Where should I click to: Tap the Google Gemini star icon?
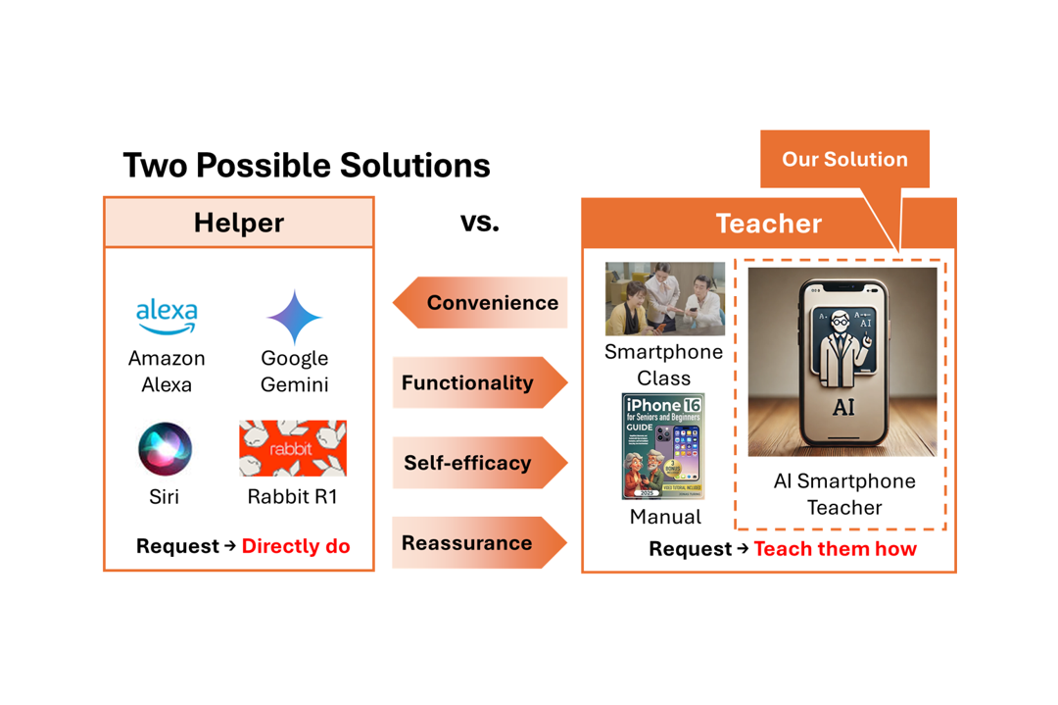(x=294, y=317)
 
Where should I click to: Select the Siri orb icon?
(x=165, y=449)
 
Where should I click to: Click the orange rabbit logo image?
(x=293, y=448)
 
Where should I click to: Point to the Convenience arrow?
(x=480, y=302)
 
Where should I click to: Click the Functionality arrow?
(x=480, y=382)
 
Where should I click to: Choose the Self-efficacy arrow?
(x=480, y=463)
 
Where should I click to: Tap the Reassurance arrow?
(x=480, y=542)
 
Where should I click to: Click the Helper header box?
(x=239, y=223)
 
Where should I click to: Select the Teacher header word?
(x=768, y=224)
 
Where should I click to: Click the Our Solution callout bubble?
(x=844, y=159)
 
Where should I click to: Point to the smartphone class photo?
(x=665, y=298)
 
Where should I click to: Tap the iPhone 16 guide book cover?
(x=663, y=446)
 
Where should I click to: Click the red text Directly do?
(x=295, y=546)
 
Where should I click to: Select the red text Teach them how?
(x=835, y=549)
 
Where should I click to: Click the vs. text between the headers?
(x=479, y=222)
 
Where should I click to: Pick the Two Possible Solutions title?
(x=306, y=165)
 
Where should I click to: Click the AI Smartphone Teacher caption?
(x=843, y=494)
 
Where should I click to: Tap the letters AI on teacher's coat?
(x=842, y=407)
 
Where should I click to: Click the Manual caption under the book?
(x=665, y=517)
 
